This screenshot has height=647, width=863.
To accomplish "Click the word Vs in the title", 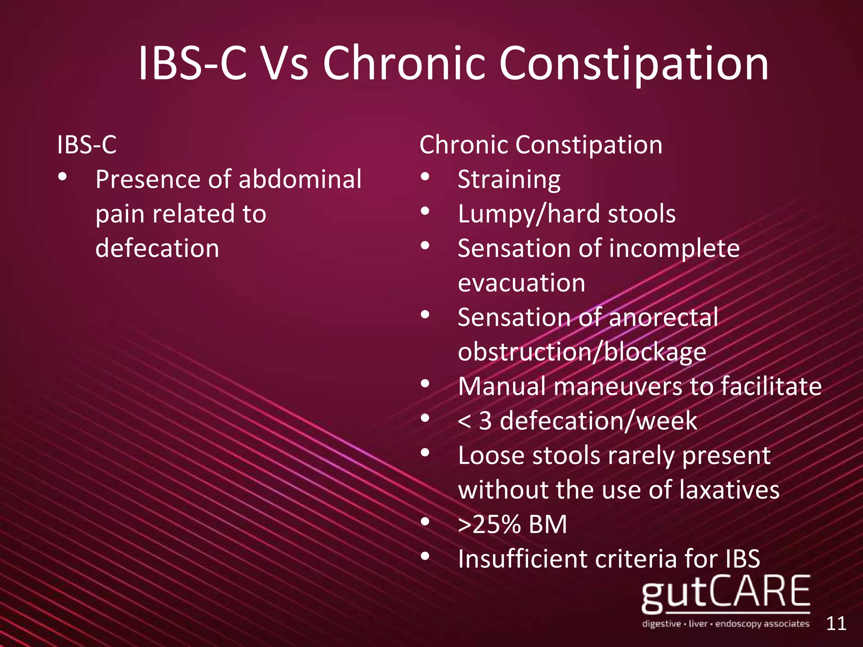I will [x=284, y=64].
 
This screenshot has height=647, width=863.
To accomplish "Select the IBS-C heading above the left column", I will [x=87, y=145].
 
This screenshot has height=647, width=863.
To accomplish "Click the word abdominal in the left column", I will [x=300, y=179].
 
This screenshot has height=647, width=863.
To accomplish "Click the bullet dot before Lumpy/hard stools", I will [x=425, y=211].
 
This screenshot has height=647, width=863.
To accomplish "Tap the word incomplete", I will [x=674, y=249].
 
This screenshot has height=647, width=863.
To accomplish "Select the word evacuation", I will [x=522, y=283].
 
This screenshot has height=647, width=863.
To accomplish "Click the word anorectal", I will [x=663, y=318].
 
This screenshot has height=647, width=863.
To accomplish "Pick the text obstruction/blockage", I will [x=582, y=352].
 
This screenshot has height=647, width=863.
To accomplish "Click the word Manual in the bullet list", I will [x=501, y=386].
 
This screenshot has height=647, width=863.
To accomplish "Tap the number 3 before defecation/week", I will [x=485, y=421].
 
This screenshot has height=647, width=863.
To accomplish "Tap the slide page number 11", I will [x=836, y=624].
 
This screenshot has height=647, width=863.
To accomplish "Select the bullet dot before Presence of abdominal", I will [x=63, y=176].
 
